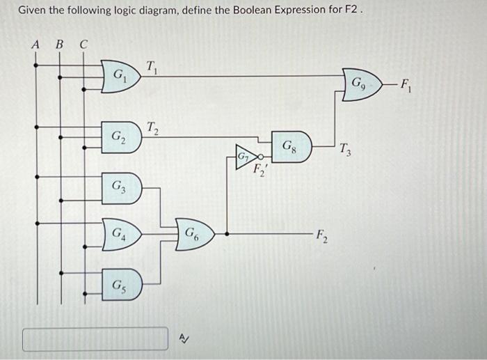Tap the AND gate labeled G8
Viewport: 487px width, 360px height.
[290, 147]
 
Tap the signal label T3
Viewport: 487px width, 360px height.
[346, 148]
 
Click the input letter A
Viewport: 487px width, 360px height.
[36, 45]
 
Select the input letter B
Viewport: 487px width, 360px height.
[59, 45]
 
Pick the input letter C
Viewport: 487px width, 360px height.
[83, 45]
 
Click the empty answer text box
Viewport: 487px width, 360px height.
[95, 339]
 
